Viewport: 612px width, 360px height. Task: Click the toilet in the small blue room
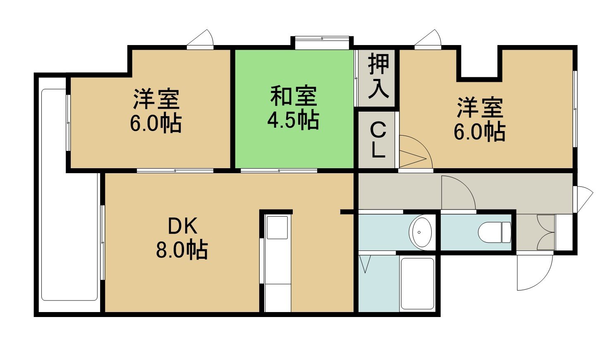[x=494, y=232]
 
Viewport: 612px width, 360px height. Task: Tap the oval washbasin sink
[x=422, y=233]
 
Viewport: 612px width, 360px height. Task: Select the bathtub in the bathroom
[x=417, y=284]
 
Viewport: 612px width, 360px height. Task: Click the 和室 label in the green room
[x=294, y=96]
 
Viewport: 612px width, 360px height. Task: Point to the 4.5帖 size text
[x=293, y=119]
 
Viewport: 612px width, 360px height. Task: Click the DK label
[x=182, y=227]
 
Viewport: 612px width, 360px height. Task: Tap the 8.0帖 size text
[x=182, y=250]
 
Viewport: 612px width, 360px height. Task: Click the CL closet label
[x=378, y=140]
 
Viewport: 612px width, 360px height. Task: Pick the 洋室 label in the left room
[x=156, y=99]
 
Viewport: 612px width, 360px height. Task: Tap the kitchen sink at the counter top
[x=277, y=227]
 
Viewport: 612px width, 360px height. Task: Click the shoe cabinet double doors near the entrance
[x=546, y=232]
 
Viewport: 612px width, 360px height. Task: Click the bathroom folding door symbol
[x=365, y=264]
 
